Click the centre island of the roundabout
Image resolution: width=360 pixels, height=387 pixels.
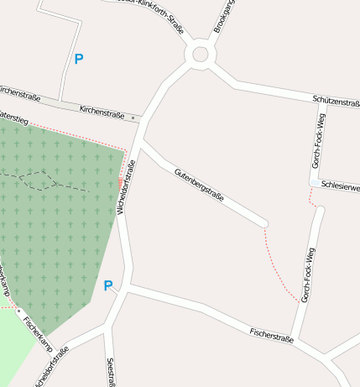(x=200, y=55)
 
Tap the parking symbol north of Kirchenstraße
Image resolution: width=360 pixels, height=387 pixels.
(x=79, y=60)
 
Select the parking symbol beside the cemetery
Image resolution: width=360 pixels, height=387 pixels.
(x=108, y=286)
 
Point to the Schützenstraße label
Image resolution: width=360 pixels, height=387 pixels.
(x=336, y=99)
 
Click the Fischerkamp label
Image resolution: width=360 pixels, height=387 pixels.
(x=38, y=333)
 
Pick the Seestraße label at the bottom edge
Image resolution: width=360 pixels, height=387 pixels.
(x=111, y=373)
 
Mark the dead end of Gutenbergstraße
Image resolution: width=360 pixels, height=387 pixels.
(x=265, y=223)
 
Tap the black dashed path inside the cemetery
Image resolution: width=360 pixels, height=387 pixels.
(x=50, y=179)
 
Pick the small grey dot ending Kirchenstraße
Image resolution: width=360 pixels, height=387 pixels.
(x=133, y=118)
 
